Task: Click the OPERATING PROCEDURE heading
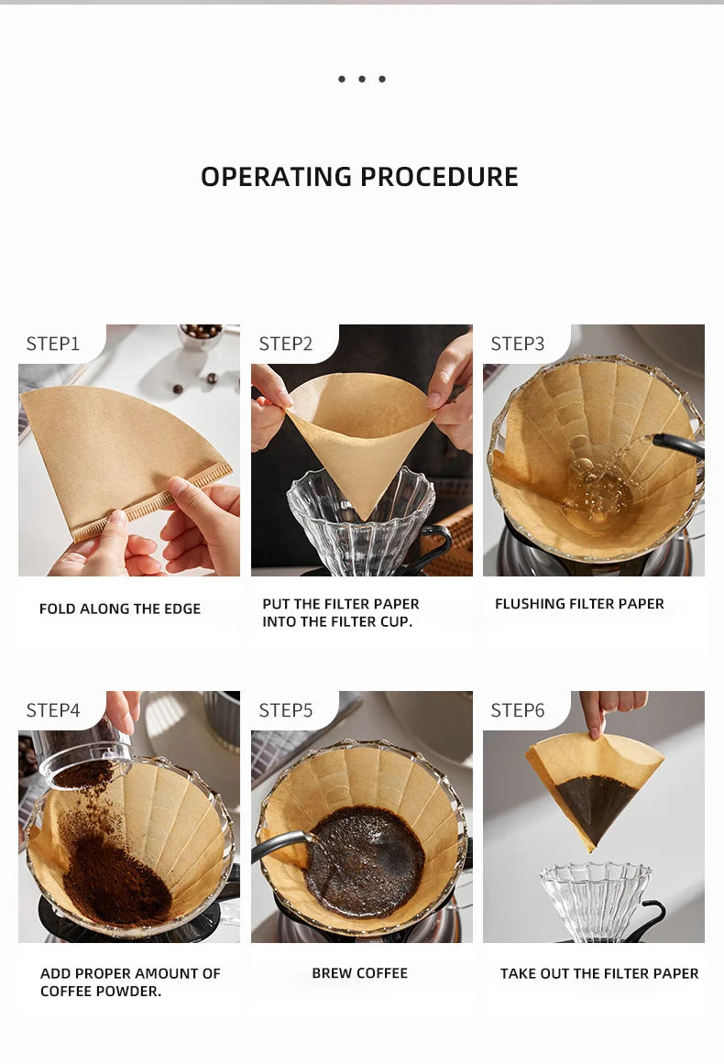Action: [359, 177]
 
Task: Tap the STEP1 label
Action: [53, 344]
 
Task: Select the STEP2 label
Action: [286, 344]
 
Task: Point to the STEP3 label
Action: [518, 344]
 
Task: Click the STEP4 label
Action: [53, 710]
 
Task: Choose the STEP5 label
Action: [286, 710]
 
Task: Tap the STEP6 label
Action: [518, 710]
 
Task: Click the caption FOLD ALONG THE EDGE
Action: [120, 609]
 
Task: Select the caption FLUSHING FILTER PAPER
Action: [579, 603]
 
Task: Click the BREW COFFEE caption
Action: [359, 973]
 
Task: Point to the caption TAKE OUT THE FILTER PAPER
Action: [599, 974]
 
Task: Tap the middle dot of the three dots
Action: [362, 79]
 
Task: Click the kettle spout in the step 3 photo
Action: [678, 445]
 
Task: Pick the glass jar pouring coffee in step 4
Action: [82, 750]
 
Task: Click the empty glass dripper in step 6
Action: [595, 899]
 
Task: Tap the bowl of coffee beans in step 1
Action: [201, 335]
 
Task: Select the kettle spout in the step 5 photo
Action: [280, 846]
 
